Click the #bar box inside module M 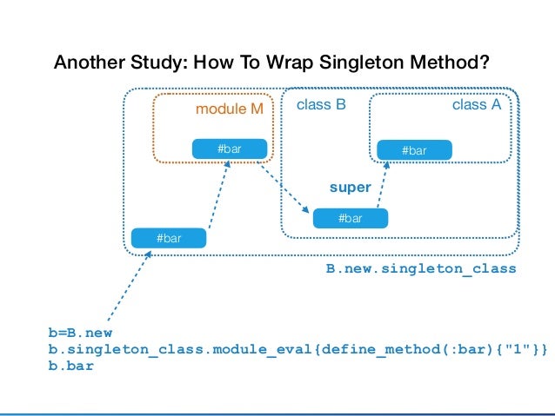(x=229, y=149)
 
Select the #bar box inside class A (x=414, y=150)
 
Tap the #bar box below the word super (x=350, y=218)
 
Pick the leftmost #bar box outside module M (x=168, y=237)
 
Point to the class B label (x=322, y=105)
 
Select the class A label (x=476, y=105)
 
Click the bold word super (x=350, y=187)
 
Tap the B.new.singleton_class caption (x=421, y=269)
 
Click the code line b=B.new (x=80, y=333)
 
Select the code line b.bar (x=70, y=366)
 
